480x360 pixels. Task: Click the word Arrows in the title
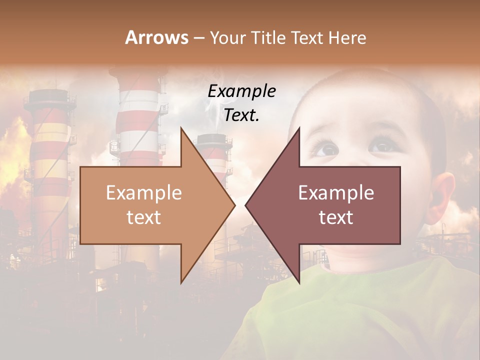(156, 37)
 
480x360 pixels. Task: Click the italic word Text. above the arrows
(241, 115)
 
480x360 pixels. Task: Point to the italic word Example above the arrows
(241, 91)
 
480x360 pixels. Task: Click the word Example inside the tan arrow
(144, 193)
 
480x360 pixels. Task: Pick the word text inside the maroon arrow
(336, 217)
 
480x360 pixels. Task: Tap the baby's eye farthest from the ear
(327, 149)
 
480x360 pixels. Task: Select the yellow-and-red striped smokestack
(50, 150)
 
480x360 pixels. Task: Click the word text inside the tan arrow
(144, 217)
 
